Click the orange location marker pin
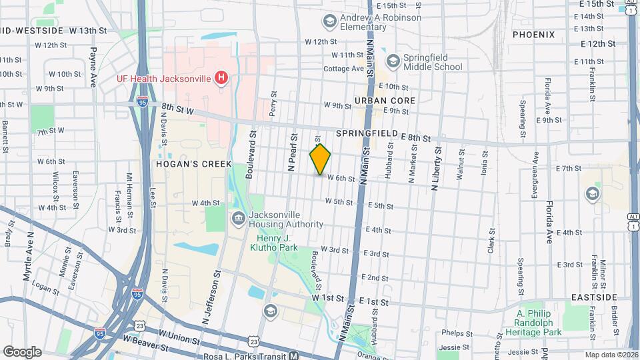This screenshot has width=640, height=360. click(x=321, y=159)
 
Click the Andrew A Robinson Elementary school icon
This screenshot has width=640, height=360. click(x=329, y=22)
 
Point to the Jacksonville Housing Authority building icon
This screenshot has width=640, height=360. click(x=237, y=219)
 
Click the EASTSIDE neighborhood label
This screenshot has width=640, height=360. click(x=594, y=297)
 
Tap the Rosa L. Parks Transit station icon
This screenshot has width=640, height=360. click(x=293, y=356)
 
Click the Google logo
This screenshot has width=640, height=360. click(x=22, y=351)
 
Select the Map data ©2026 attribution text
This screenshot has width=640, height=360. click(x=611, y=355)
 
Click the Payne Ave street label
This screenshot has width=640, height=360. click(x=93, y=67)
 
